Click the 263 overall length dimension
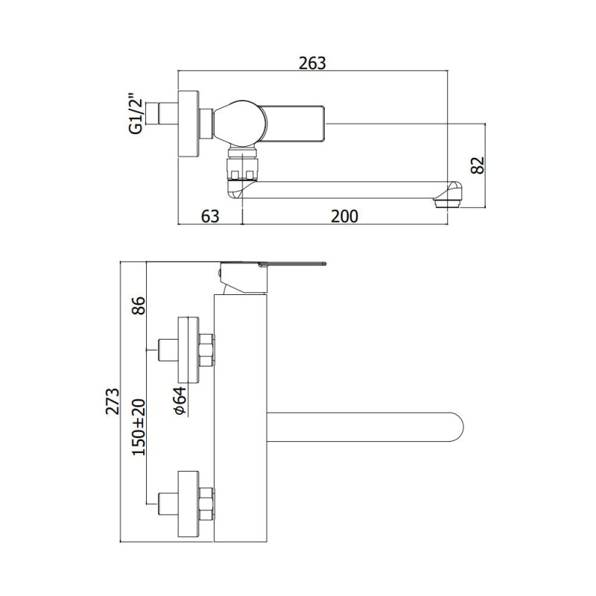point(312,63)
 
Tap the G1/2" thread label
point(136,113)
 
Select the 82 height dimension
point(478,165)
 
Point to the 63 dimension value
point(210,216)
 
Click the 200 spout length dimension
point(344,216)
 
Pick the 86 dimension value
point(139,305)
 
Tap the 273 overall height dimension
point(112,401)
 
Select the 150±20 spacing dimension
point(139,427)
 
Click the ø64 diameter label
point(180,401)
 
